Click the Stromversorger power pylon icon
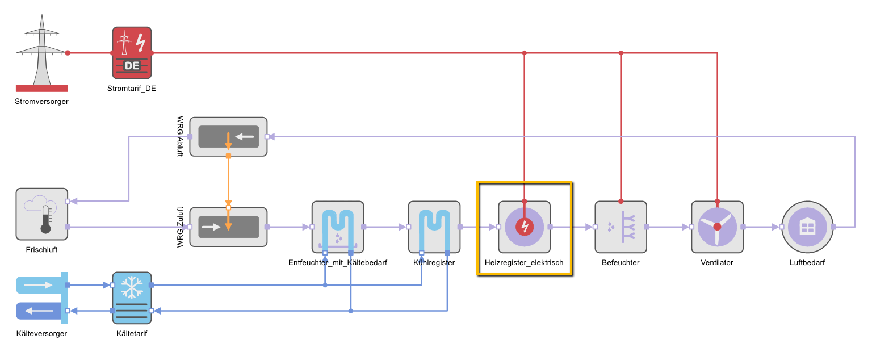coord(41,53)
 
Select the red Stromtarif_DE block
coord(132,53)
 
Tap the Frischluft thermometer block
coord(41,214)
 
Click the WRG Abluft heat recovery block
coord(229,137)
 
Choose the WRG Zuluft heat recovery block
coord(229,227)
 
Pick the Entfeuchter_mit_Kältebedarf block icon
coord(338,227)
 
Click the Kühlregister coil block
coord(434,227)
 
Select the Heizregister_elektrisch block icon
coord(525,227)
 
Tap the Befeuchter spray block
coord(621,227)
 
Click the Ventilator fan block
coord(718,227)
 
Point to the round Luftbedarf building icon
coord(807,227)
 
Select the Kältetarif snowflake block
coord(132,298)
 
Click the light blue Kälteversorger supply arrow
coord(39,285)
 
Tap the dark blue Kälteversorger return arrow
coord(39,311)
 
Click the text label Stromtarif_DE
coord(132,89)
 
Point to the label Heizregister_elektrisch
coord(524,263)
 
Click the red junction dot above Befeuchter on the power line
coord(621,53)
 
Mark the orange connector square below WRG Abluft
coord(229,156)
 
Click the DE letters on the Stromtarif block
coord(132,66)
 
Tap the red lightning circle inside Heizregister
coord(525,227)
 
